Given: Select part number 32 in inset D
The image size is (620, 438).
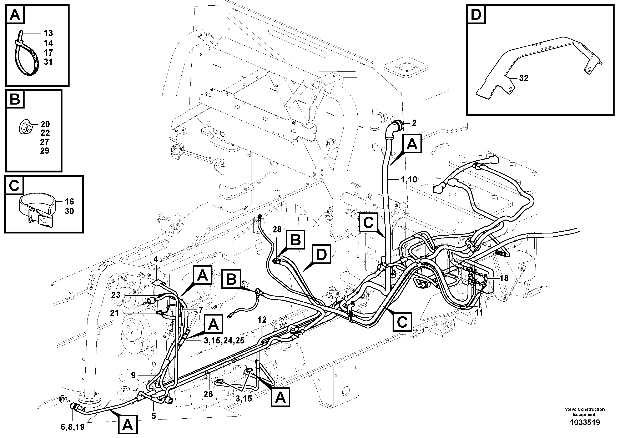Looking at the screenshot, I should [524, 78].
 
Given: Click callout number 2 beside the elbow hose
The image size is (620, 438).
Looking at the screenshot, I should [414, 123].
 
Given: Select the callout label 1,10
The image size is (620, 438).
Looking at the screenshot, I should [409, 179].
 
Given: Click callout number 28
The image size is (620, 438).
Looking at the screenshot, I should [277, 230].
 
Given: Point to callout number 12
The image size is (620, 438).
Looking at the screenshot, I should [262, 320].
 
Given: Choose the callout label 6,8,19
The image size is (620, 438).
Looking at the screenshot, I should [73, 427].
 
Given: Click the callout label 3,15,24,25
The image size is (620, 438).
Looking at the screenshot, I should [224, 341].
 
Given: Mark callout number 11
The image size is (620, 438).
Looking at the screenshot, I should [479, 312].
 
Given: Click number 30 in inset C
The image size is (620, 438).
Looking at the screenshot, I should [69, 211].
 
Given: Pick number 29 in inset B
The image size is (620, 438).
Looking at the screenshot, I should [45, 151].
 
